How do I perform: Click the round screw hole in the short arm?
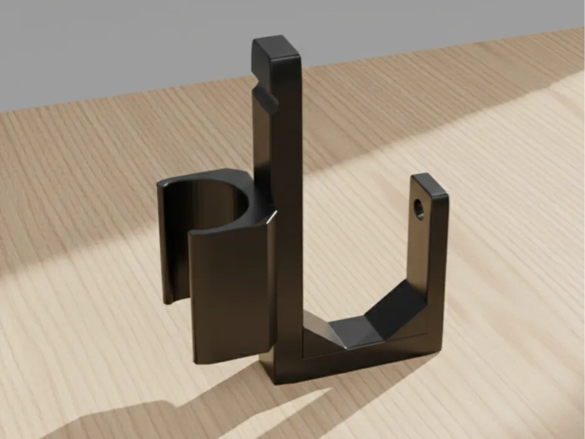tap(419, 208)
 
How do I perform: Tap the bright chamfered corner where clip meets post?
tap(271, 217)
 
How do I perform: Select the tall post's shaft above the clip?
tap(285, 143)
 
